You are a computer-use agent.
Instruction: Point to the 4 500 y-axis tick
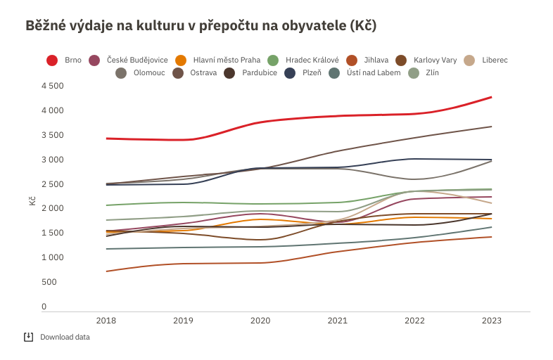[x=53, y=86]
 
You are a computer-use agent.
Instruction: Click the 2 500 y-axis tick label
[x=53, y=184]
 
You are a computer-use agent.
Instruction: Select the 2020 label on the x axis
[x=260, y=321]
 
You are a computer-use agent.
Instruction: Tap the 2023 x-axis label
[x=491, y=321]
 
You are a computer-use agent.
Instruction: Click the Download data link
[x=65, y=337]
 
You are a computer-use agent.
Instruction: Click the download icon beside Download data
[x=29, y=337]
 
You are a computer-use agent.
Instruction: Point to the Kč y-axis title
[x=32, y=201]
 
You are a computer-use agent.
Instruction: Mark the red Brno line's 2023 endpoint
[x=491, y=97]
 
